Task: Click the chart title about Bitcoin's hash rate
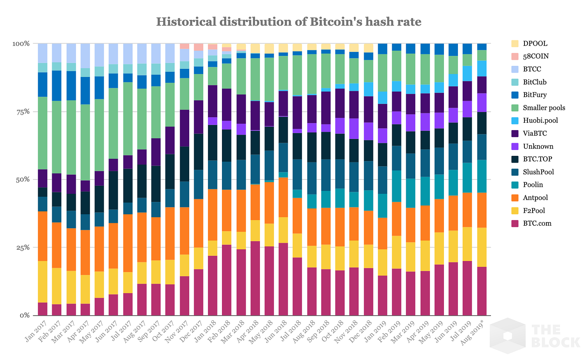point(288,22)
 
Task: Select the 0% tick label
point(24,315)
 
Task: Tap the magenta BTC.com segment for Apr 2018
point(255,278)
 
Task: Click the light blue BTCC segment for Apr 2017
point(85,56)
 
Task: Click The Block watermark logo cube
point(508,336)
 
